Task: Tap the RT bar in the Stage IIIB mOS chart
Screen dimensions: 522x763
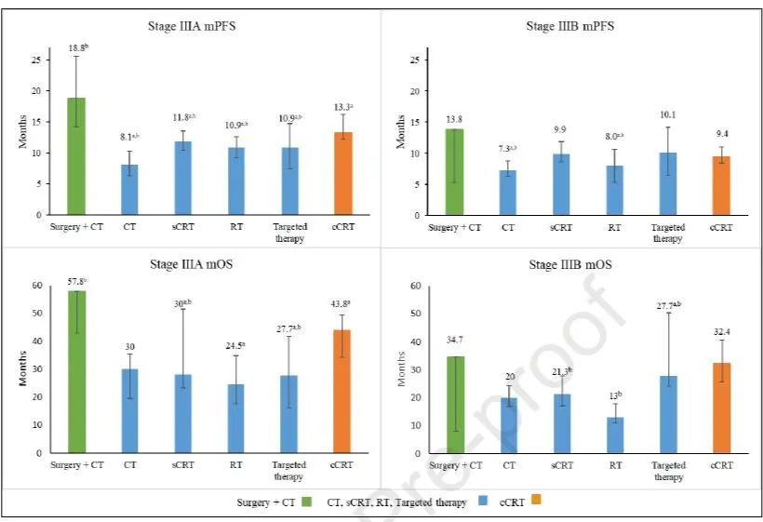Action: (x=615, y=435)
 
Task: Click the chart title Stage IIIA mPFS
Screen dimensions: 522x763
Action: (x=192, y=26)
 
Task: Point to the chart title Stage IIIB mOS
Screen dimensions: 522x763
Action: (x=570, y=264)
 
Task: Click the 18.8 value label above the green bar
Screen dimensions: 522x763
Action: (x=76, y=47)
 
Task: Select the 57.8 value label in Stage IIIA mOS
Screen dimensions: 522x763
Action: (x=76, y=280)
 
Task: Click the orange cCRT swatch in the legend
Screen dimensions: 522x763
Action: (x=535, y=501)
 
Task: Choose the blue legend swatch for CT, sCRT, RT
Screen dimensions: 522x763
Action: (x=481, y=501)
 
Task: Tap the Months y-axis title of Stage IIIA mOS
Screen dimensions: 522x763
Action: (x=20, y=369)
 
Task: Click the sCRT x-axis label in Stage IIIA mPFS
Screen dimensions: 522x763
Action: (x=183, y=226)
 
